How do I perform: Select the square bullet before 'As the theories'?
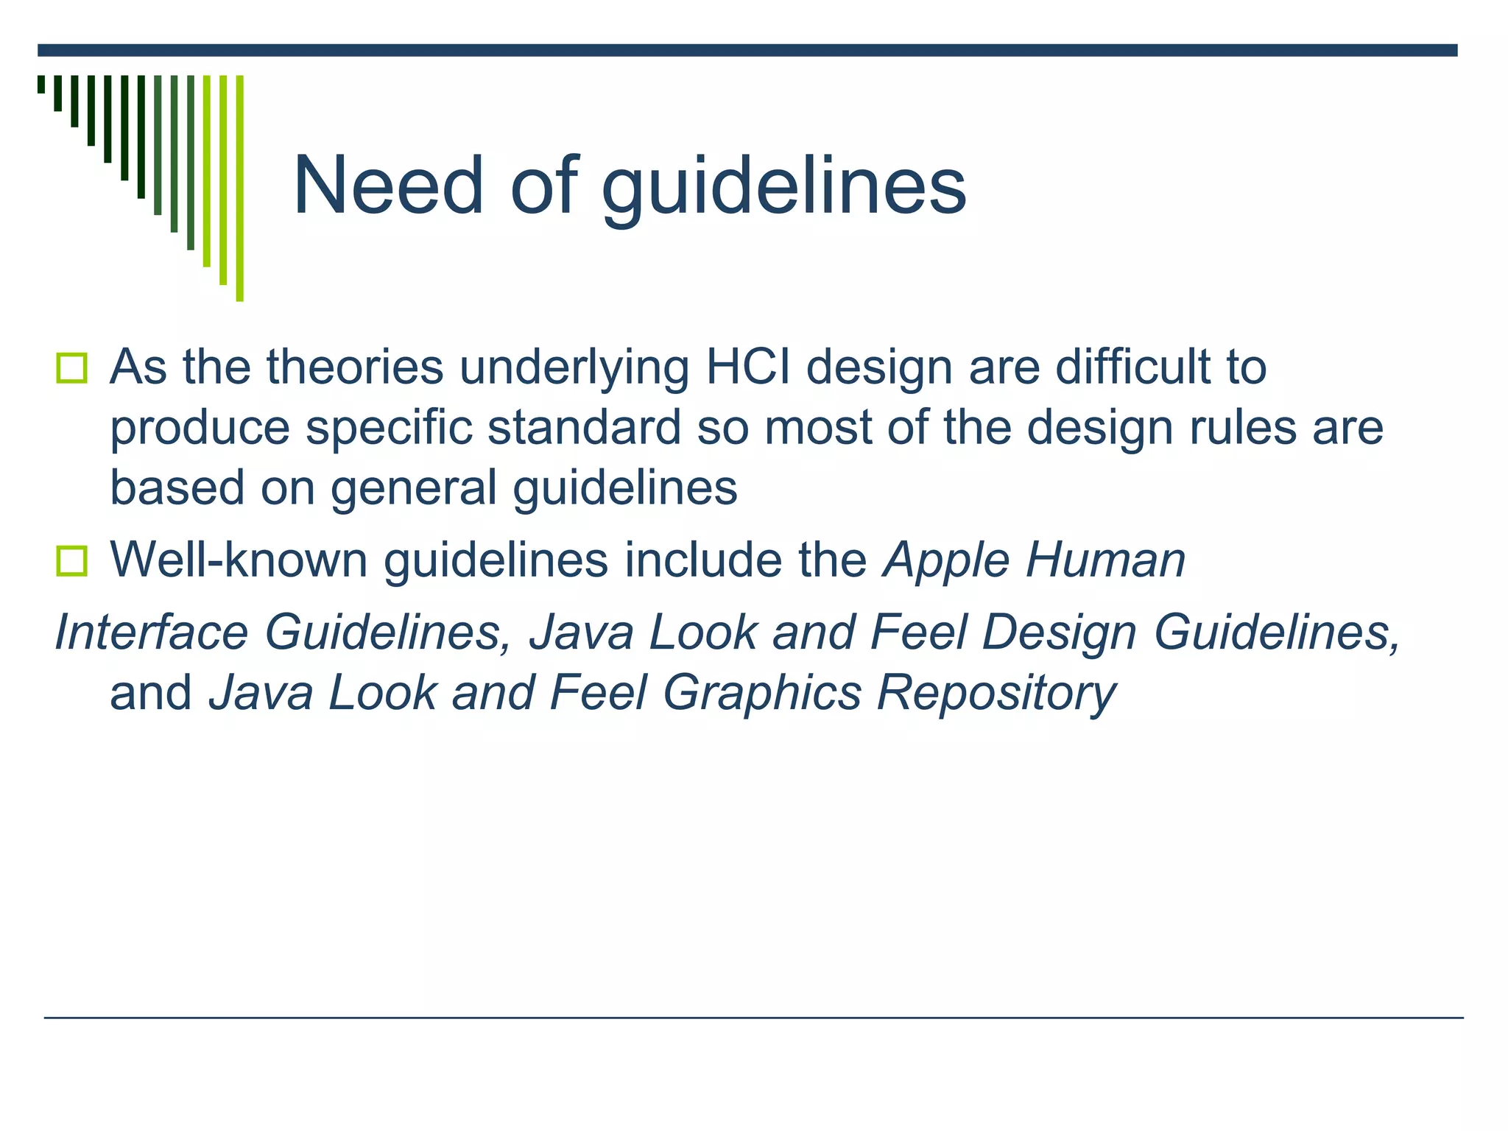(71, 367)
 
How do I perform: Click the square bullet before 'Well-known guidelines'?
(71, 561)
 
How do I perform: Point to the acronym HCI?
(748, 367)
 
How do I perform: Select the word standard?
(584, 427)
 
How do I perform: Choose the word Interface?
(149, 632)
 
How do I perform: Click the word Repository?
(996, 694)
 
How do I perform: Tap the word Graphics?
(761, 694)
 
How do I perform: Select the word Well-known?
(237, 561)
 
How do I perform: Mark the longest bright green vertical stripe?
(239, 188)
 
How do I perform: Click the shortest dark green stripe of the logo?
(41, 84)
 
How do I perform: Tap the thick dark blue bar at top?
(747, 50)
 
